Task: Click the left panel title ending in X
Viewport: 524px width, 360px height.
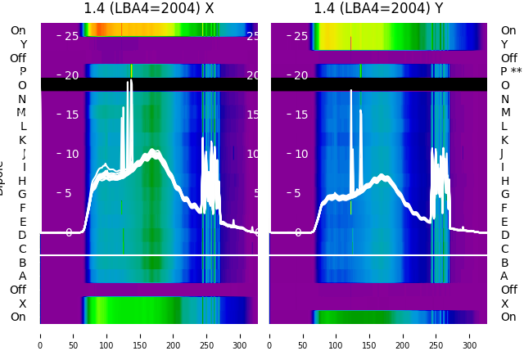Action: tap(148, 9)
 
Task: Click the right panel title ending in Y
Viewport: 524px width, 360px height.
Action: tap(378, 9)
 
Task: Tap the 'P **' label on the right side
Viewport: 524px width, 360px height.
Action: tap(511, 72)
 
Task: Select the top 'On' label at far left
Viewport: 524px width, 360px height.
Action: tap(18, 31)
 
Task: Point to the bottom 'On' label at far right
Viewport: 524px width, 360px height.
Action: tap(508, 317)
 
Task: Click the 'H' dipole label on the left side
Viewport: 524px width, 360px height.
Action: tap(22, 181)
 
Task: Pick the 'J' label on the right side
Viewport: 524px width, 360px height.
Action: tap(502, 154)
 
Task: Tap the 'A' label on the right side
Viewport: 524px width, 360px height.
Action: tap(504, 277)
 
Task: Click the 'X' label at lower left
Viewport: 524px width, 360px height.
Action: tap(23, 304)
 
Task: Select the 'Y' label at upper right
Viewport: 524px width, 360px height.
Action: tap(504, 44)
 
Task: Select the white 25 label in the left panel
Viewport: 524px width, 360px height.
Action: tap(71, 36)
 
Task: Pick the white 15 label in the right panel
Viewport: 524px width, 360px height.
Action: tap(301, 115)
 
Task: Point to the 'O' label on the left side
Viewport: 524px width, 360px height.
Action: tap(22, 85)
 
